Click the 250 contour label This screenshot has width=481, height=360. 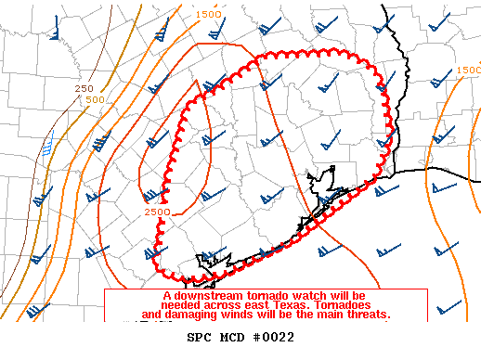(84, 88)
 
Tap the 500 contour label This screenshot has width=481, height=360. (94, 99)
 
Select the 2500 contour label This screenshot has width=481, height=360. (157, 212)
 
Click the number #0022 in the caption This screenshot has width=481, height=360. (272, 337)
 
